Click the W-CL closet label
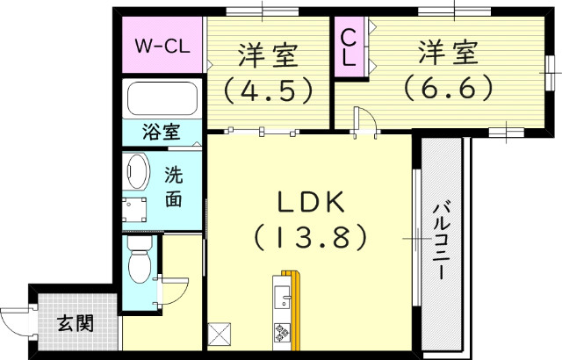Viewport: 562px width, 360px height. click(161, 46)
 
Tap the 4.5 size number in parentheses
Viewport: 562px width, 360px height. click(268, 89)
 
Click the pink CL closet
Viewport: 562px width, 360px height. click(348, 47)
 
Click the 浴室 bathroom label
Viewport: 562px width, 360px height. click(162, 133)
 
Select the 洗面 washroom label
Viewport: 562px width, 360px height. click(174, 186)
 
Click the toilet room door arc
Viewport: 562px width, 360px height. click(176, 289)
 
